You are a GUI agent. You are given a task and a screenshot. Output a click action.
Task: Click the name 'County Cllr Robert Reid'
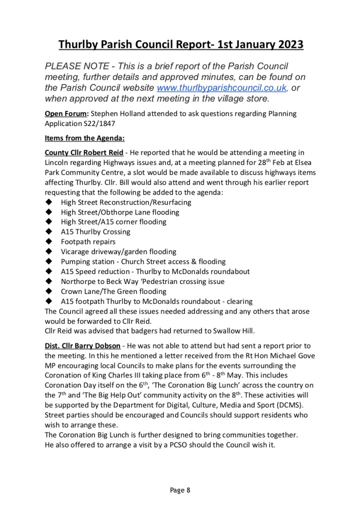tap(84, 152)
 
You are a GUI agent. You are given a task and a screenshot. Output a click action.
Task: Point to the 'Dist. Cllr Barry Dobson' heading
tap(82, 346)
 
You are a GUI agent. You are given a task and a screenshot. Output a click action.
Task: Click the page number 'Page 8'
tap(180, 490)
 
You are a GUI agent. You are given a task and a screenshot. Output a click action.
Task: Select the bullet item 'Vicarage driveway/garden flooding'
tap(118, 252)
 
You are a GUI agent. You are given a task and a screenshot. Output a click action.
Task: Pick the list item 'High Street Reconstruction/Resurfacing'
tap(126, 202)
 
